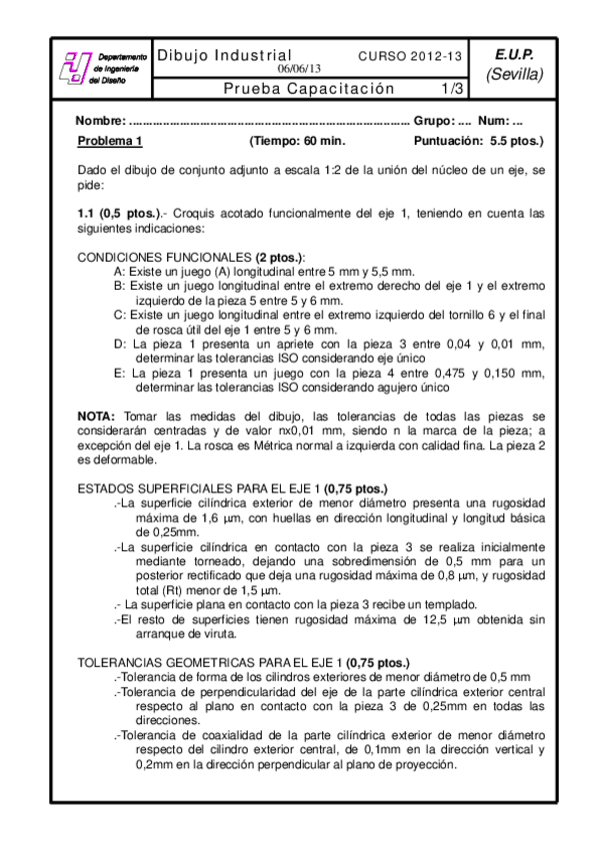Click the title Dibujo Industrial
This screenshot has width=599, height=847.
[x=225, y=55]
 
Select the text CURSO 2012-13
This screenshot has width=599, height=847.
[x=410, y=56]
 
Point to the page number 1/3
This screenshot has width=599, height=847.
[x=452, y=88]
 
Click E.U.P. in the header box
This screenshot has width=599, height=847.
[x=514, y=55]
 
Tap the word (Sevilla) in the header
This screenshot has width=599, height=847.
[x=514, y=74]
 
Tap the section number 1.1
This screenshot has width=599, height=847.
[x=87, y=213]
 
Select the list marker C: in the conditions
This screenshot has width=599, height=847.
[x=120, y=314]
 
